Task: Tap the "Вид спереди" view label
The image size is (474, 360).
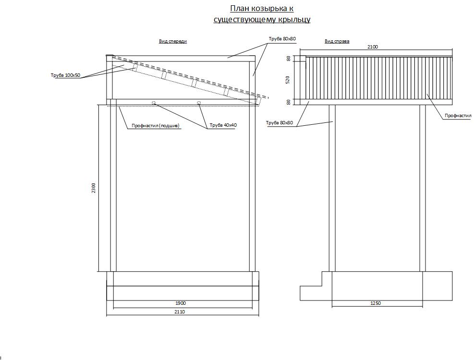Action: [x=173, y=41]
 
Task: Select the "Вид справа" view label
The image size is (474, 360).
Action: [x=337, y=41]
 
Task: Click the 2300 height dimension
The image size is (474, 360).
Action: [x=94, y=188]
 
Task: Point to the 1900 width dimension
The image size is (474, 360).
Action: [x=181, y=303]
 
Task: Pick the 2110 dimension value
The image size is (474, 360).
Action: [x=180, y=312]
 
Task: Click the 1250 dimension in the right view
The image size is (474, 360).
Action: [x=376, y=303]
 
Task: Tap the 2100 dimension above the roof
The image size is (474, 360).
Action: [x=373, y=47]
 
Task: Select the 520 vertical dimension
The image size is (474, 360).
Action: [x=288, y=80]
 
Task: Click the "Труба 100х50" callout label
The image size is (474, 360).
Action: [x=66, y=75]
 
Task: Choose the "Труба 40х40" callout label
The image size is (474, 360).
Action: [x=223, y=125]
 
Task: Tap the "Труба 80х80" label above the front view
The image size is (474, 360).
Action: [x=282, y=39]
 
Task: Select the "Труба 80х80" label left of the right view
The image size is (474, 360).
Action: [x=280, y=123]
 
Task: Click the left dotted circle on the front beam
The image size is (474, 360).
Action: [x=154, y=103]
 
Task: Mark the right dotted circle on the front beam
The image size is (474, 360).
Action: [x=199, y=103]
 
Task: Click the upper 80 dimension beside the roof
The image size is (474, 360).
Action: [x=288, y=59]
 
